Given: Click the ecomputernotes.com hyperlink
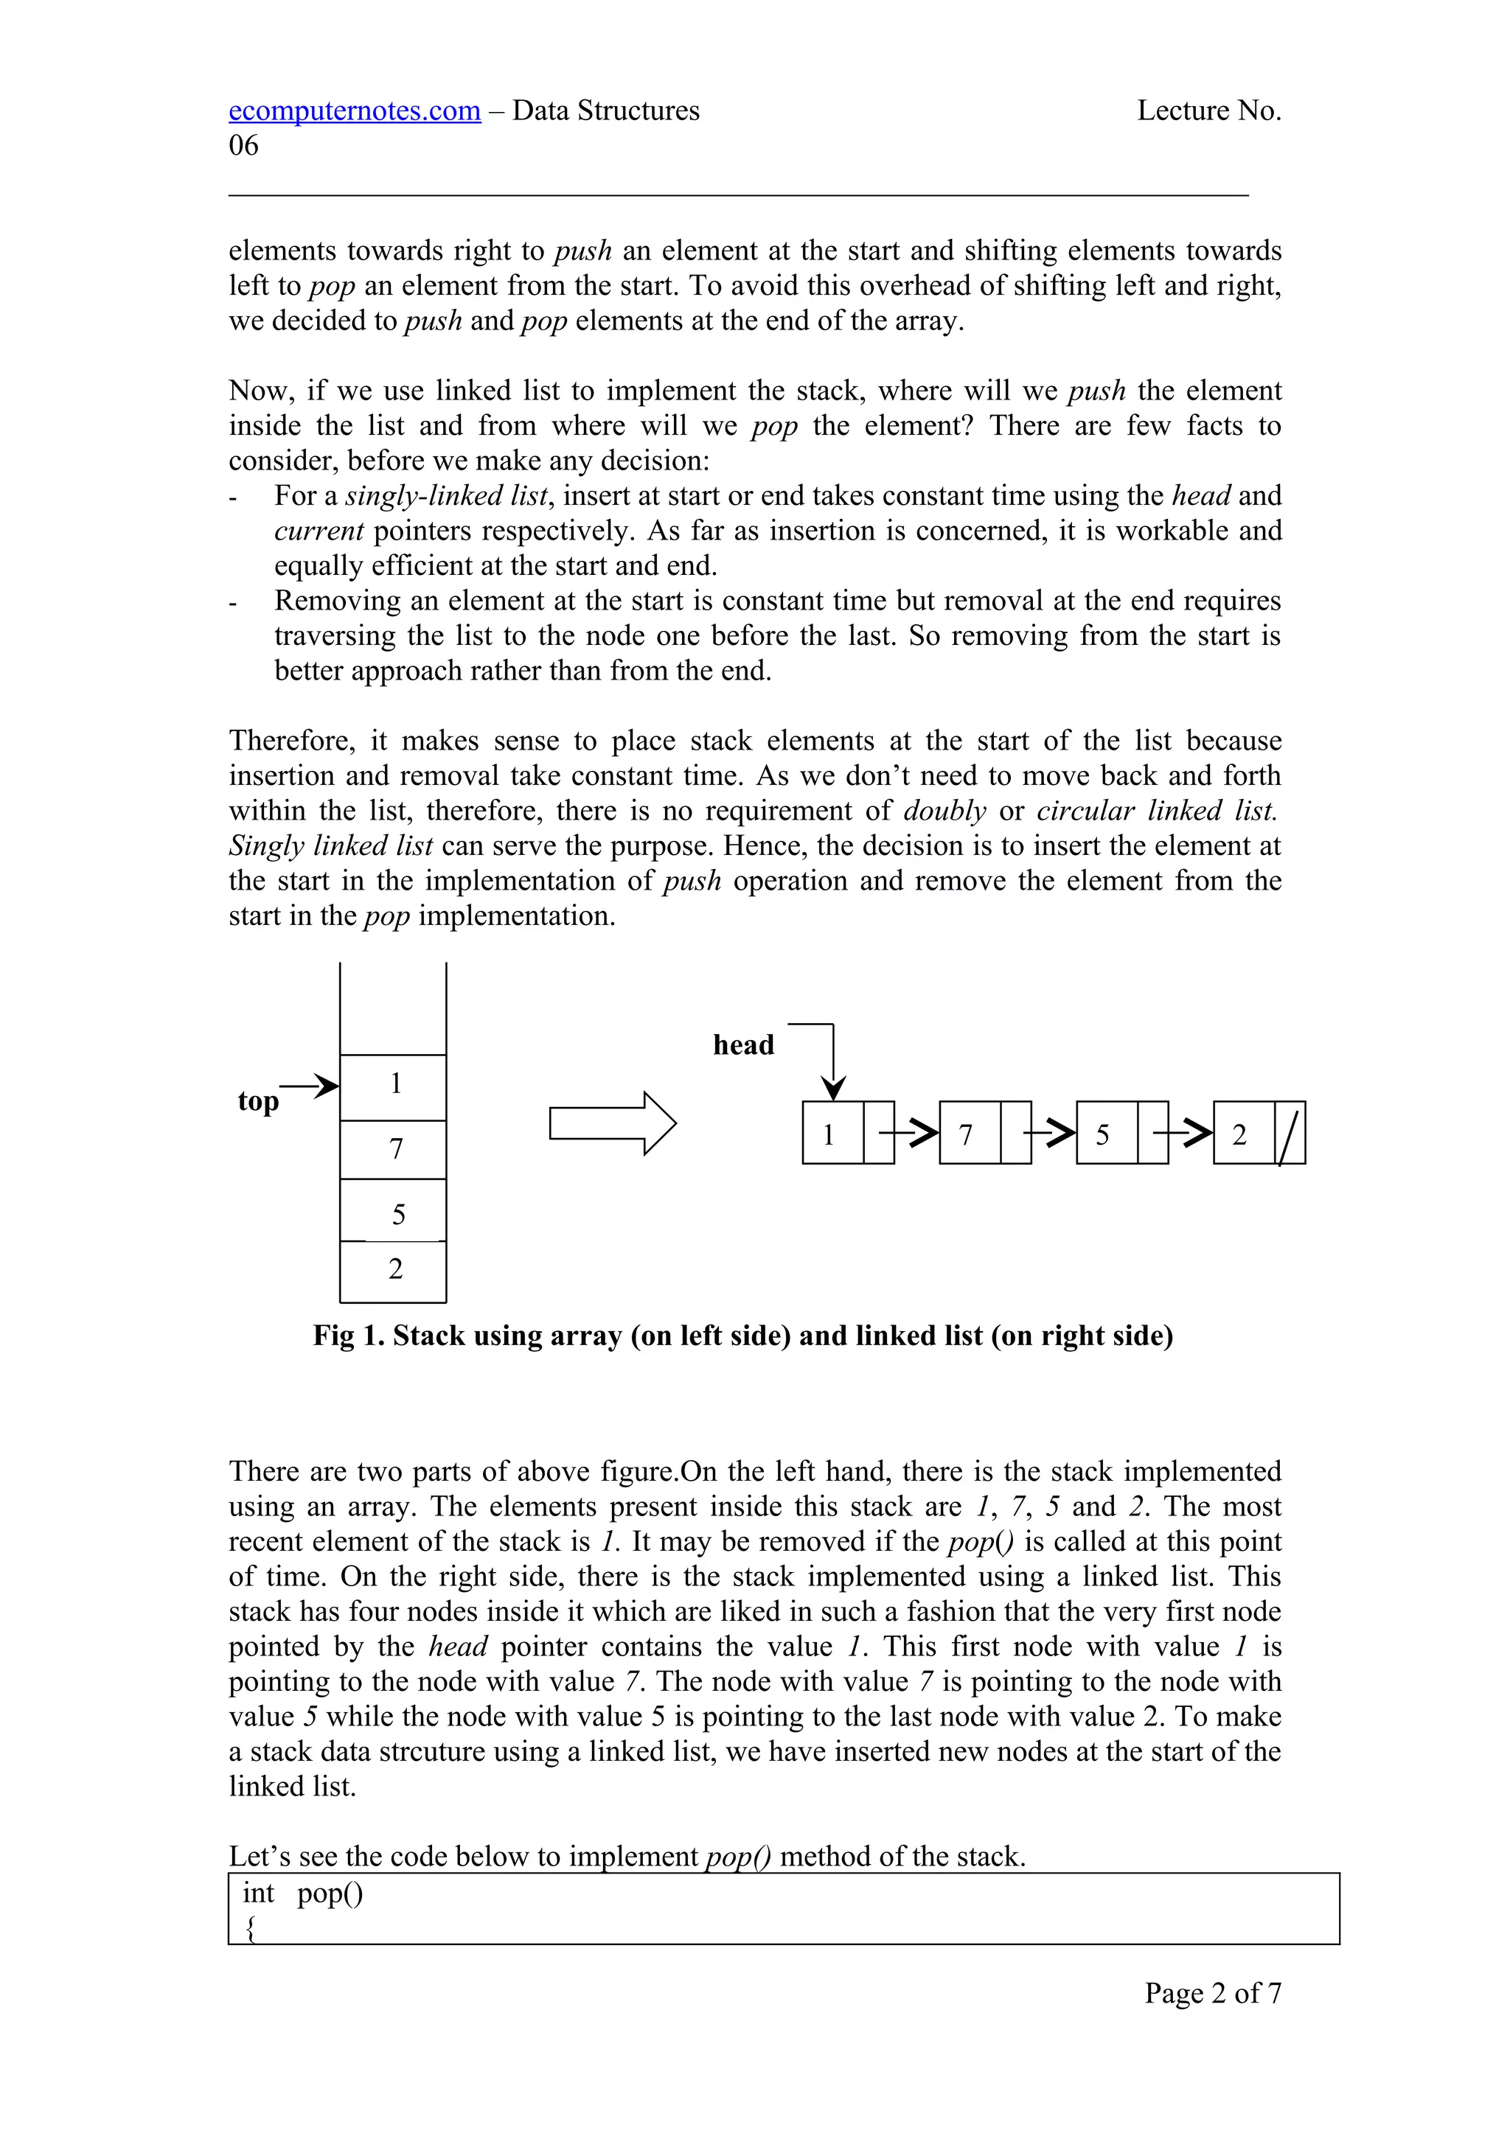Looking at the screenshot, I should [x=355, y=111].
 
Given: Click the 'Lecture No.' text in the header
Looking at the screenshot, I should [x=1208, y=111].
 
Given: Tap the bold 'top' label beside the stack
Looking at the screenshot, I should [x=258, y=1100].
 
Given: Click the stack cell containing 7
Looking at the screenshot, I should [x=394, y=1150].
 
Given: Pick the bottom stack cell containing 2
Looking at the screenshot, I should [x=394, y=1270].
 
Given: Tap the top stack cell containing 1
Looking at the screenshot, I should [x=394, y=1085].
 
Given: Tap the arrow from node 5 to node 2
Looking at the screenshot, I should [x=1184, y=1132].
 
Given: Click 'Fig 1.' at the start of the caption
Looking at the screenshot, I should [x=348, y=1336].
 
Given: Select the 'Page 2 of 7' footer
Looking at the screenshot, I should [x=1212, y=1993].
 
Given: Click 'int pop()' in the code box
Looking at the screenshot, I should [x=302, y=1894].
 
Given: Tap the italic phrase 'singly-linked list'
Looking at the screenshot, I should [x=445, y=496].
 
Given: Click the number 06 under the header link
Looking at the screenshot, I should [x=244, y=145].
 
